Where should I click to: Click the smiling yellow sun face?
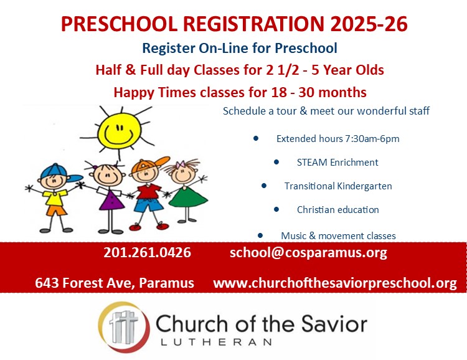point(119,131)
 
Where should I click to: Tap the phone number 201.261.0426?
point(147,252)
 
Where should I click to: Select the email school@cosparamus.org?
point(308,253)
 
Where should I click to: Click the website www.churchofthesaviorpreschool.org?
point(335,283)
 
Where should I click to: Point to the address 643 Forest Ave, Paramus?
point(115,283)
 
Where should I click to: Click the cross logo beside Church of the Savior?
point(124,327)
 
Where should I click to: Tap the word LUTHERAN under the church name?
point(216,342)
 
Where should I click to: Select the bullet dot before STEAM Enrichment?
point(276,162)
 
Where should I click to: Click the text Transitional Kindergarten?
point(338,186)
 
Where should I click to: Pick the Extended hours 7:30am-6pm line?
point(337,138)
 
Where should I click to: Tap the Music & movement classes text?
point(338,235)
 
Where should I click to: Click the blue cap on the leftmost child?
point(60,173)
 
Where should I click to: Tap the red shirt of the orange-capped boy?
point(148,192)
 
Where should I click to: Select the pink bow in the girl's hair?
point(181,164)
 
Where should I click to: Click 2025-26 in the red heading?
point(369,24)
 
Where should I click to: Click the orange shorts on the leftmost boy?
point(56,211)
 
